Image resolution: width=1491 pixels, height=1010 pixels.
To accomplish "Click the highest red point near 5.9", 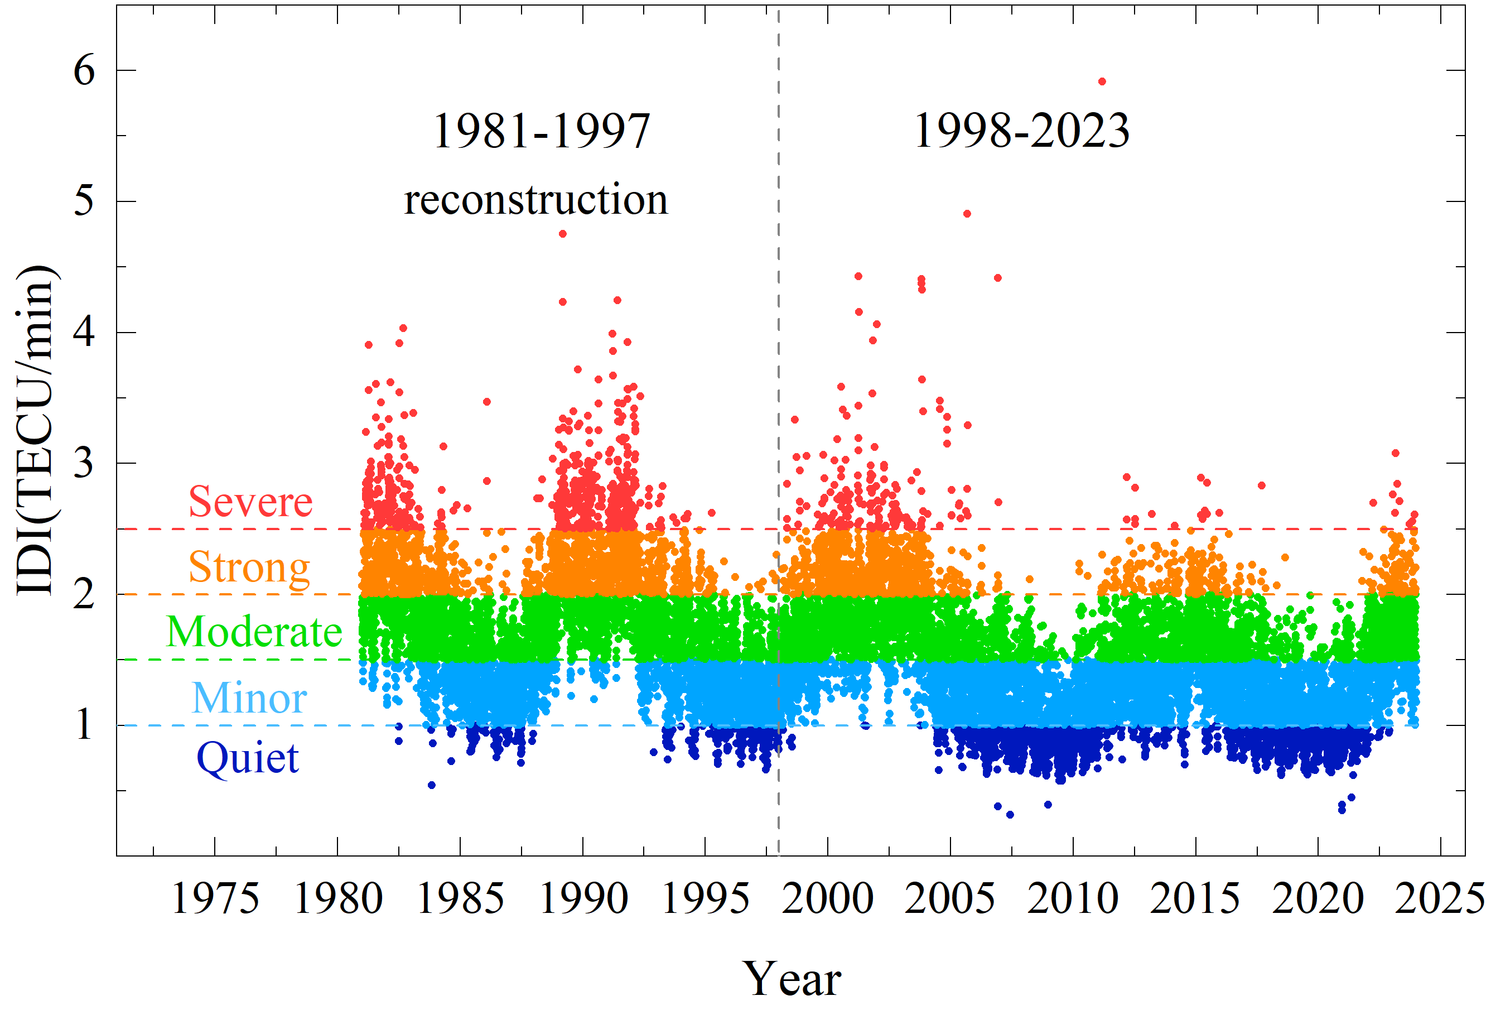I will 1102,81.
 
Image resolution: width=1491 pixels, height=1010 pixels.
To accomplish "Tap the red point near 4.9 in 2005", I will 967,214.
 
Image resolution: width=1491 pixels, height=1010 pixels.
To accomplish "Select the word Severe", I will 250,501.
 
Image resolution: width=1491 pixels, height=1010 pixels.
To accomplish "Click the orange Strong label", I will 249,567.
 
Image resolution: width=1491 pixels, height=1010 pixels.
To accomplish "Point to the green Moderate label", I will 254,632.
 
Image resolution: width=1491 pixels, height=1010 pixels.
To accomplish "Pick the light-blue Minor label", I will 249,698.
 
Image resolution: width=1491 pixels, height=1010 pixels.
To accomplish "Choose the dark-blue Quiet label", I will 248,758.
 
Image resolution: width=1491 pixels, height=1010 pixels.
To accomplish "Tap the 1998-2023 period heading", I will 1021,131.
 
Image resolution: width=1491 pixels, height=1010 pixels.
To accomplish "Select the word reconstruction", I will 535,200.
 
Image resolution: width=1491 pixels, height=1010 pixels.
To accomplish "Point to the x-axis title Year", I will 792,979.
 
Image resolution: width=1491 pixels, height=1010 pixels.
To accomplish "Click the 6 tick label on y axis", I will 84,70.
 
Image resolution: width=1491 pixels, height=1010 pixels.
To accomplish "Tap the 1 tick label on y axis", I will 84,726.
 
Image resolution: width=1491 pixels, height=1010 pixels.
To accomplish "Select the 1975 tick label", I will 215,898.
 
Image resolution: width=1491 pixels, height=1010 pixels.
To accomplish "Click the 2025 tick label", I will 1441,898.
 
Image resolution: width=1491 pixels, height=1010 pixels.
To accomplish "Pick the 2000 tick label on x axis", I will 828,898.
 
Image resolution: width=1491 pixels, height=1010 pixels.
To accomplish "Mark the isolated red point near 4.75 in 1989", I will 563,234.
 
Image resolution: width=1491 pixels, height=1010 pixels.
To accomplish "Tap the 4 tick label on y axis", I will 84,333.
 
